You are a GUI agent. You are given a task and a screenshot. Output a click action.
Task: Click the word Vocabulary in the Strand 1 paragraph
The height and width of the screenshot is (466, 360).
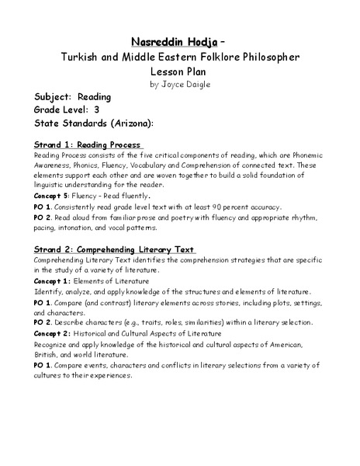148,165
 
